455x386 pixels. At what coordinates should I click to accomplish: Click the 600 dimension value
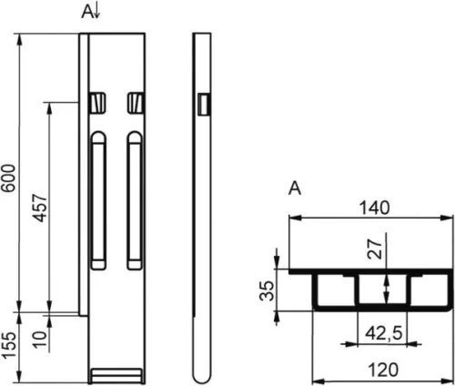point(8,178)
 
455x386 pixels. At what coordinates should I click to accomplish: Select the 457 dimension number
point(40,208)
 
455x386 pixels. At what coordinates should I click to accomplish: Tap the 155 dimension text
point(8,345)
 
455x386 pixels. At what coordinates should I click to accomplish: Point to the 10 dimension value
point(40,340)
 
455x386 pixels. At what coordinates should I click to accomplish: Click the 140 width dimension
point(374,208)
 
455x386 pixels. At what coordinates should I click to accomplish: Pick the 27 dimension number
point(374,249)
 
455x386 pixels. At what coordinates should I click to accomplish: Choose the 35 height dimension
point(267,290)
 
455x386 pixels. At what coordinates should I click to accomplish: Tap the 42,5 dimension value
point(384,333)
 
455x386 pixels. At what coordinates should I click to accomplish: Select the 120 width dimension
point(383,370)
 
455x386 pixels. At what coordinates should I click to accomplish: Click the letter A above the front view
point(86,12)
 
